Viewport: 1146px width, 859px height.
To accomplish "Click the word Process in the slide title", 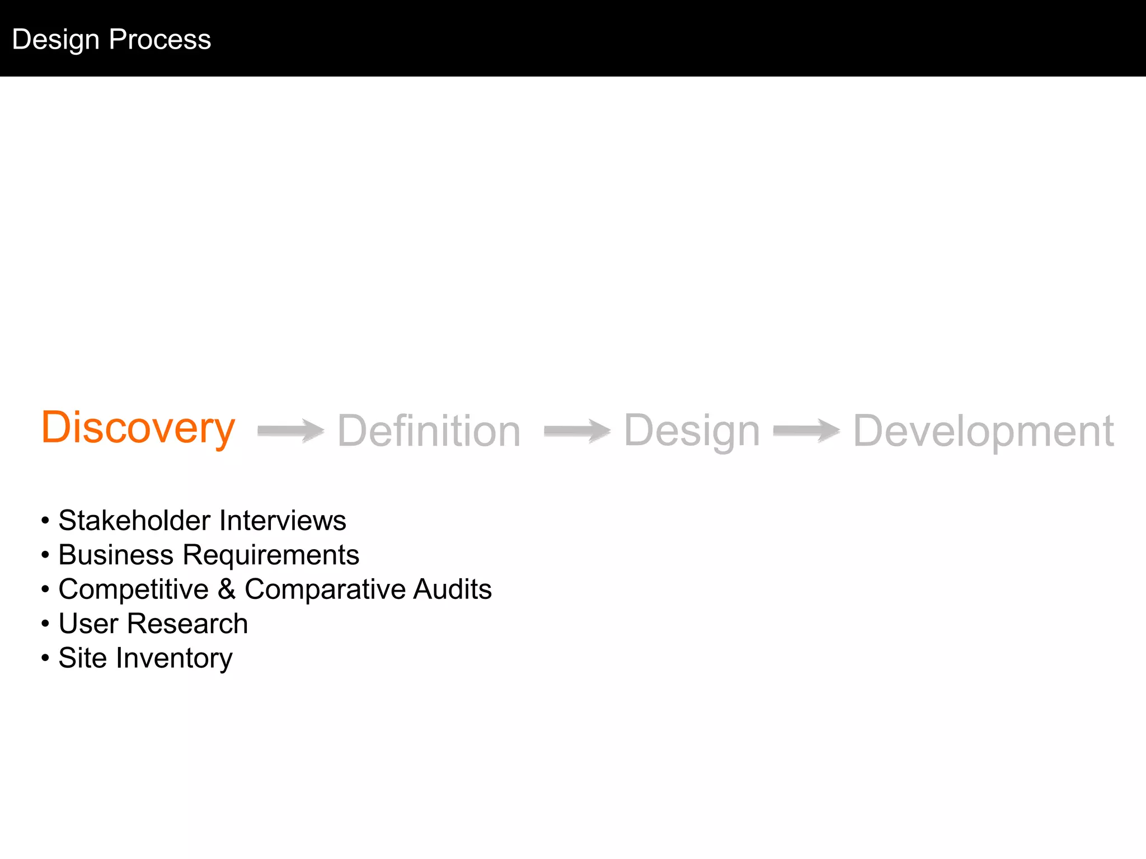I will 160,39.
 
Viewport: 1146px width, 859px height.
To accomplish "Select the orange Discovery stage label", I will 138,428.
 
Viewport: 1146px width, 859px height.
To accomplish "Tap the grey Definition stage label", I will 429,431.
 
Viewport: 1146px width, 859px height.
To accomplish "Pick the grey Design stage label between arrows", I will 692,431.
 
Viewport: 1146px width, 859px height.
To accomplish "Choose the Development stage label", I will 983,431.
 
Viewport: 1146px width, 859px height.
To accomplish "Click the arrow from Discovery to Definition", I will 290,431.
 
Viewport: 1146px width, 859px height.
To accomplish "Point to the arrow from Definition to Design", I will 577,431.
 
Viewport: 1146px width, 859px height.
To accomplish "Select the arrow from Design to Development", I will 806,431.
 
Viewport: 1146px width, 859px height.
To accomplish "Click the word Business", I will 116,555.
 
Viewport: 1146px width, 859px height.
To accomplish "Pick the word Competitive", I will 134,590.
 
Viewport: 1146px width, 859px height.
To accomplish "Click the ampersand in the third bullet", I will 227,589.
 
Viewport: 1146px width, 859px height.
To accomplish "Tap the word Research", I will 187,624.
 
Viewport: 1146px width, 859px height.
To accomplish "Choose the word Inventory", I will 174,659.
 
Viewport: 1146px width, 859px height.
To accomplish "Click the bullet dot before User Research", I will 45,624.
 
